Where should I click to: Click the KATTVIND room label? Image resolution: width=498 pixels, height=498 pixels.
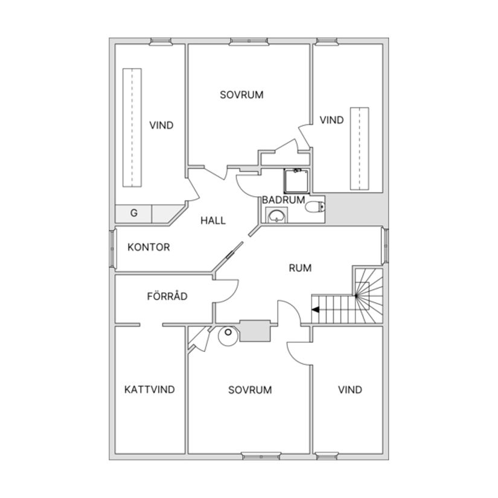pos(150,390)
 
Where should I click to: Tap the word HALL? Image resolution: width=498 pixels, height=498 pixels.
pos(213,220)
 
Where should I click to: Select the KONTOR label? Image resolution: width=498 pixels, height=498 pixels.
pos(148,247)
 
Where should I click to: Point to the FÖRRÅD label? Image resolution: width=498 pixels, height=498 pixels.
pos(167,296)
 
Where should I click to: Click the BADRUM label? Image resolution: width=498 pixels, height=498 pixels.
pos(283,200)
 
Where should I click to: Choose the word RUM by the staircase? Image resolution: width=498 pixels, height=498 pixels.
pos(300,268)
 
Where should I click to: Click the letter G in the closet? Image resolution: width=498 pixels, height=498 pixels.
pos(134,213)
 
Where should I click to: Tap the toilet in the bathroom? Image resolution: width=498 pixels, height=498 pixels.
pos(315,208)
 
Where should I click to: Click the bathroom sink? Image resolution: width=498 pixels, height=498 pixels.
pos(276,215)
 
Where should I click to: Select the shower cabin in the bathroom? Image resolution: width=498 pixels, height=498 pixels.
pos(296,181)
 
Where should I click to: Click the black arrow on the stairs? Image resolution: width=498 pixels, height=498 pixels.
pos(315,310)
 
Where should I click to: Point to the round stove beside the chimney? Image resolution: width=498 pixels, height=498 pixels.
pos(228,336)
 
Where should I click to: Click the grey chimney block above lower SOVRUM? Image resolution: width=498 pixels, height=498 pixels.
pos(255,331)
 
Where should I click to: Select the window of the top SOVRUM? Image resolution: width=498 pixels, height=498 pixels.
pos(249,41)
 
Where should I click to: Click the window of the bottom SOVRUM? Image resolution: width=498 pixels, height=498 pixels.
pos(261,456)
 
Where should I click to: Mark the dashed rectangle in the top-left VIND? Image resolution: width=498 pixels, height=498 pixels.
pos(132,127)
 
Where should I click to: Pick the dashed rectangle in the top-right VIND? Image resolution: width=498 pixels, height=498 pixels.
pos(360,148)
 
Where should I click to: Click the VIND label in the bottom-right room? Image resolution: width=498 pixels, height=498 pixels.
pos(350,390)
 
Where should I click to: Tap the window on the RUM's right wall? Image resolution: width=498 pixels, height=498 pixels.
pos(385,246)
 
